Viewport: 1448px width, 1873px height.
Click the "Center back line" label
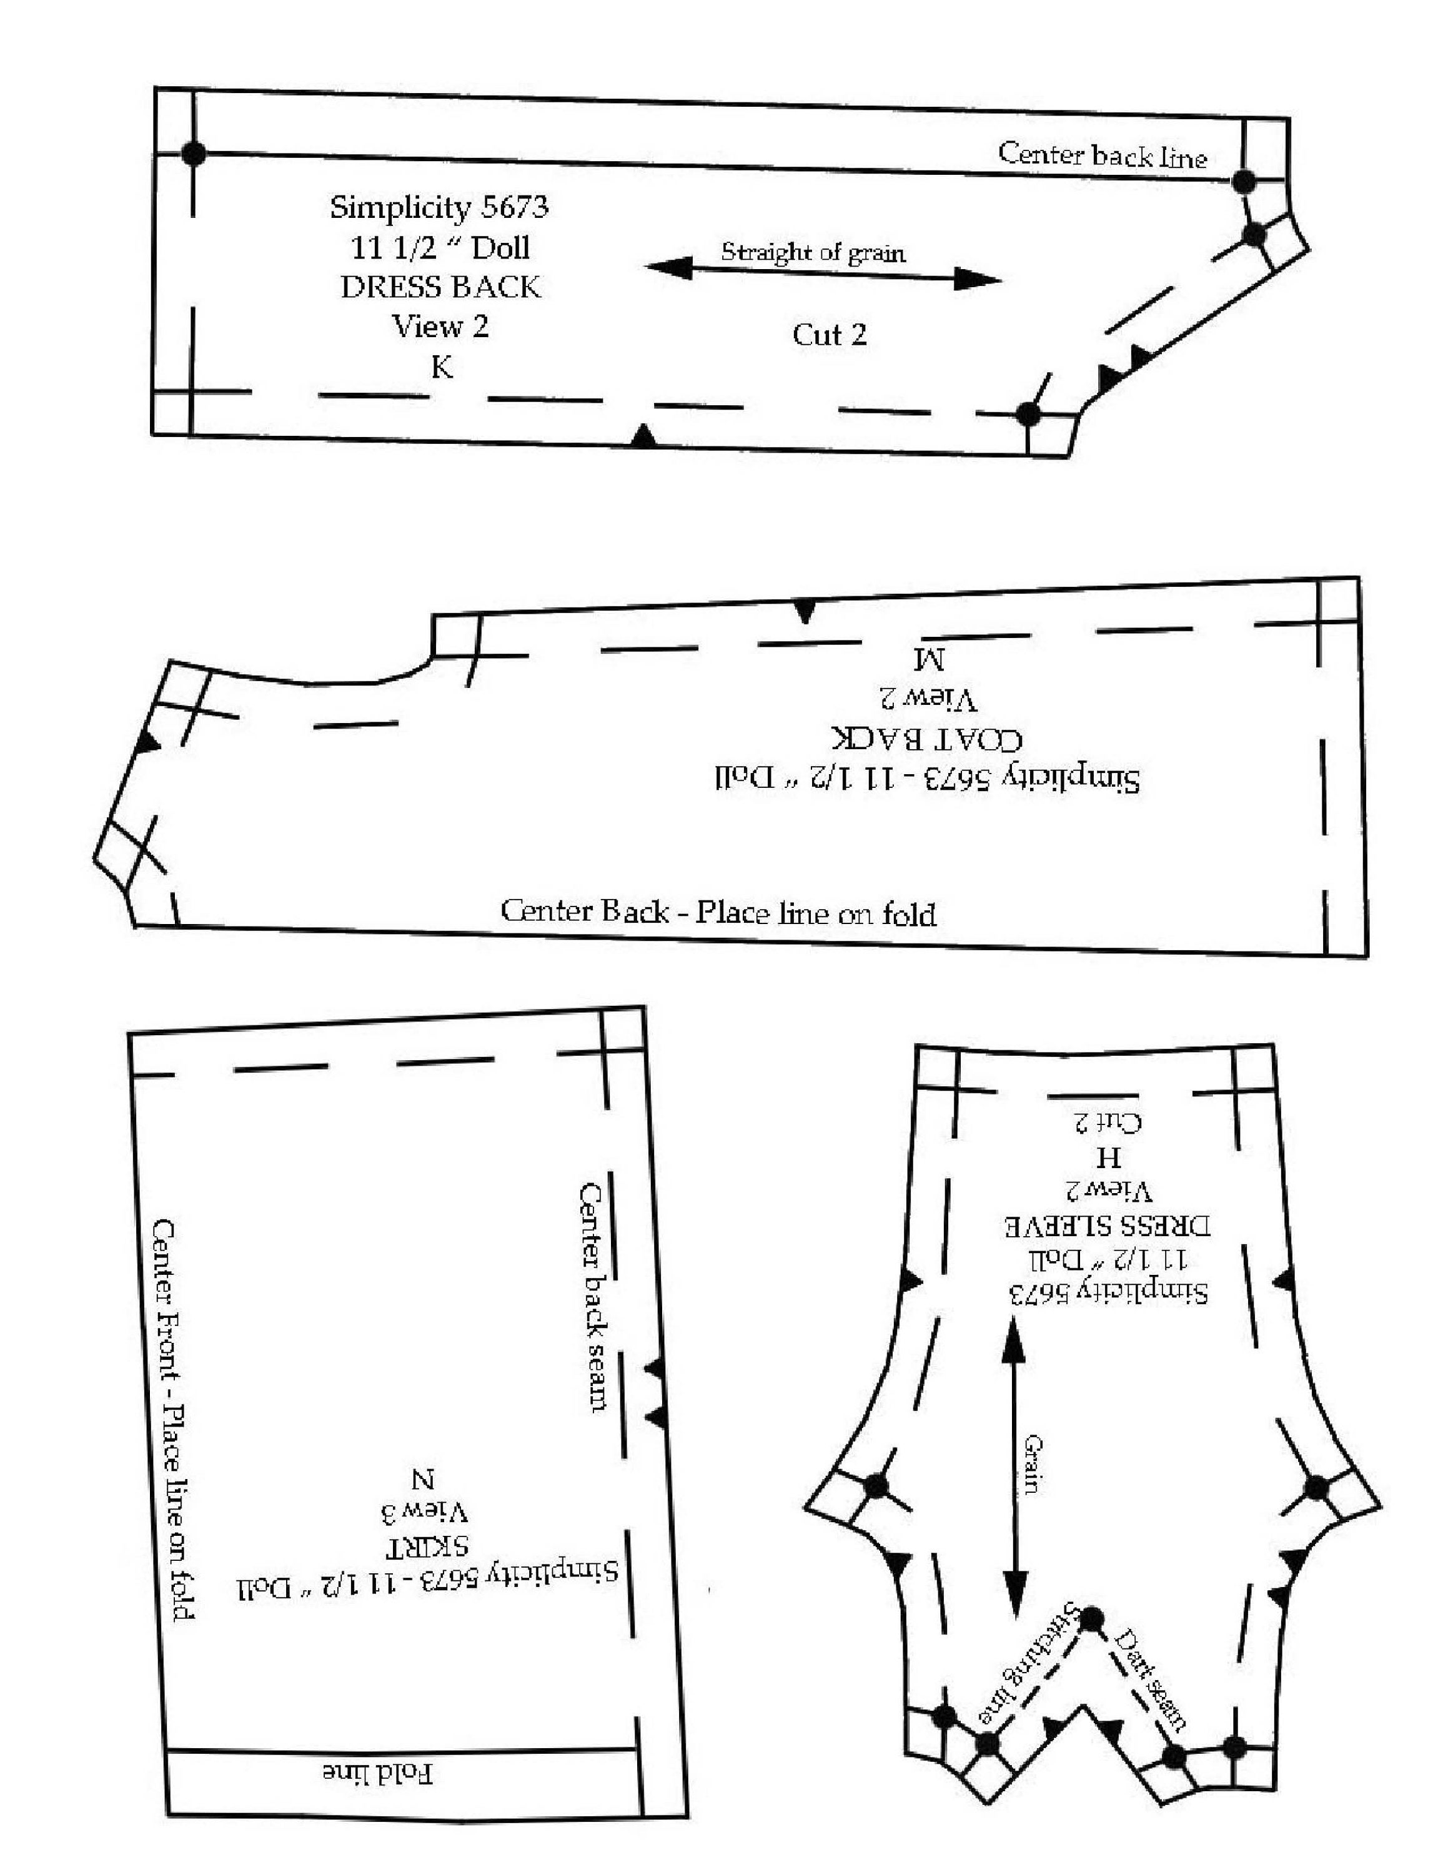click(x=1103, y=155)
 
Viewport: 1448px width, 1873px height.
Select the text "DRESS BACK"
click(x=441, y=287)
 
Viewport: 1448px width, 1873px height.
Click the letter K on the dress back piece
click(x=441, y=367)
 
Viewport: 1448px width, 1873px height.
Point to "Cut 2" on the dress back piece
click(x=830, y=335)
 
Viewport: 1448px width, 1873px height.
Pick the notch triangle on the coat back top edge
click(x=804, y=611)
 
